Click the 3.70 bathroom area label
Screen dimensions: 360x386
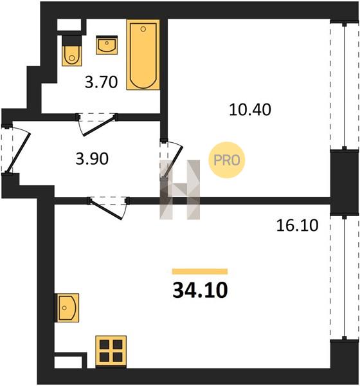[101, 82]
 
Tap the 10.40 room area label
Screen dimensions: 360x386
[250, 109]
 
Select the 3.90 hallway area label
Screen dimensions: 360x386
[92, 159]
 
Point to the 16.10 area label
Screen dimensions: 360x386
[297, 226]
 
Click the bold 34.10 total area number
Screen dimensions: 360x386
[200, 291]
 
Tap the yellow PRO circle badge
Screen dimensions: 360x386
[227, 160]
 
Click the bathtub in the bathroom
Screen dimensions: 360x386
[143, 55]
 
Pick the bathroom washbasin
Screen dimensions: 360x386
[107, 45]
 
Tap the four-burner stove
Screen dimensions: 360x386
[111, 351]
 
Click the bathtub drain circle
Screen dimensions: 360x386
[143, 29]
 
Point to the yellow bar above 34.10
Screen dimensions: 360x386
[200, 271]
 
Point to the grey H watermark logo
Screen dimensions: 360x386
[179, 190]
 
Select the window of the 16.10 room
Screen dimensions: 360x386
[345, 277]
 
